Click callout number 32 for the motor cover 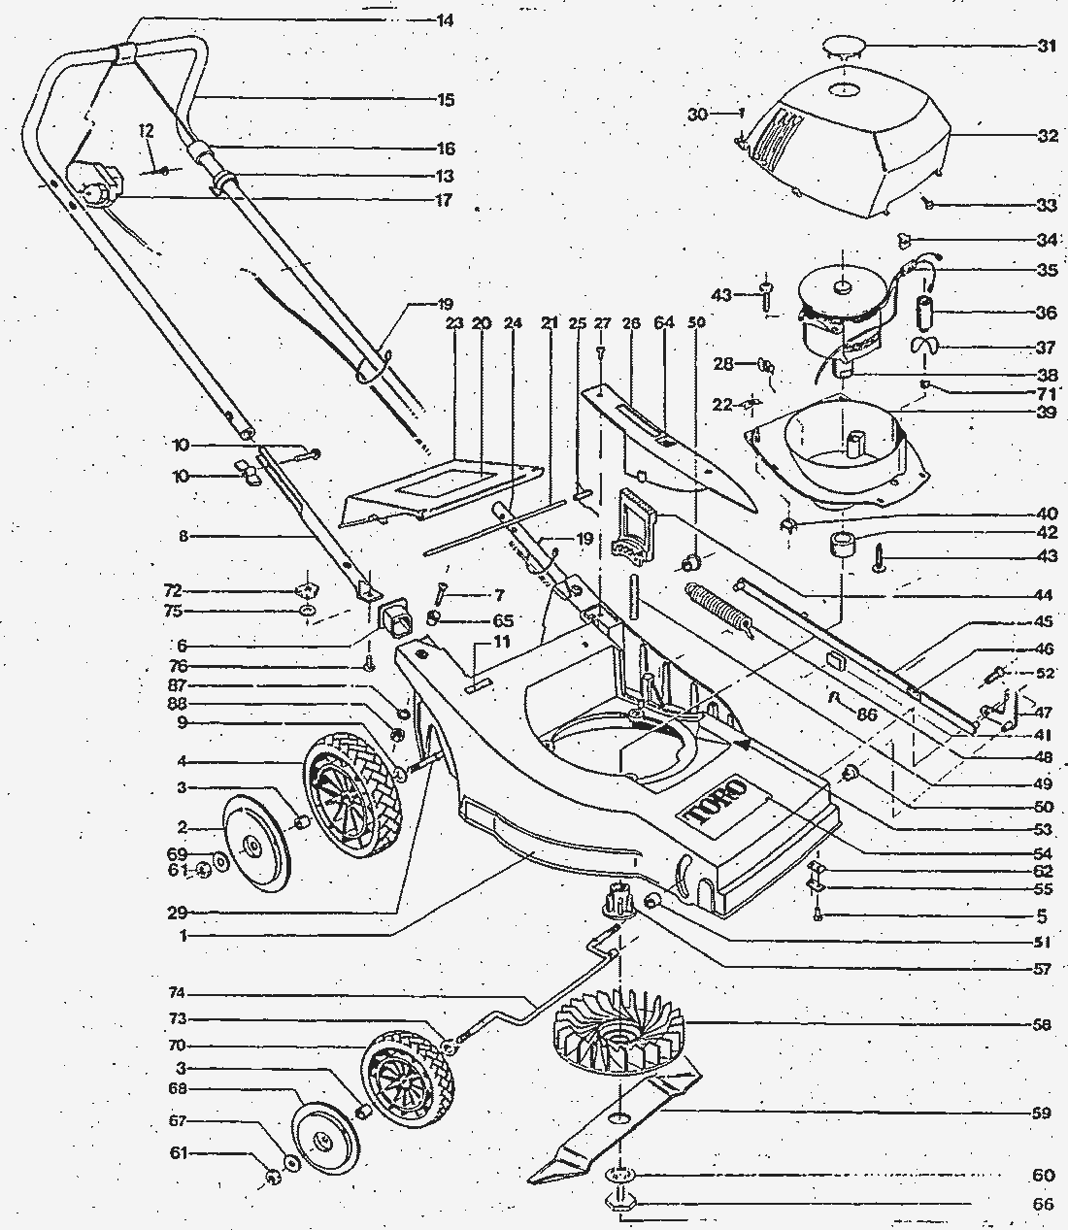1046,137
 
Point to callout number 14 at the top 446,20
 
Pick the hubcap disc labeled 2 254,841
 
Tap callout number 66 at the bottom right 1043,1204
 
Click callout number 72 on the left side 172,590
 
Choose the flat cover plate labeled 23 442,491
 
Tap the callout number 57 1043,969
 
